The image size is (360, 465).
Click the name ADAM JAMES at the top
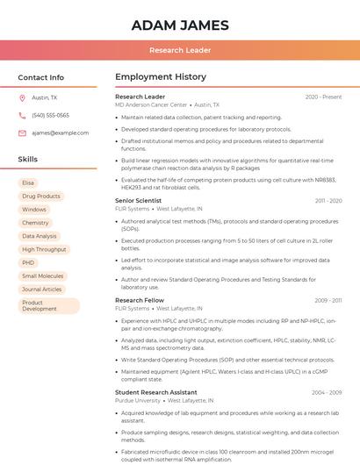pyautogui.click(x=180, y=25)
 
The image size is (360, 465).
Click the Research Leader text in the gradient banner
pyautogui.click(x=180, y=50)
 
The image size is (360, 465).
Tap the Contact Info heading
pyautogui.click(x=40, y=77)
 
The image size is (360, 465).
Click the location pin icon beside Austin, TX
pyautogui.click(x=22, y=98)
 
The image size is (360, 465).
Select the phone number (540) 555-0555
pyautogui.click(x=50, y=115)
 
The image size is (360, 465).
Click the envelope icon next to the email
pyautogui.click(x=22, y=132)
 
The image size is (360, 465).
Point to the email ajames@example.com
pyautogui.click(x=61, y=132)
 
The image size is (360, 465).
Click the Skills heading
pyautogui.click(x=27, y=160)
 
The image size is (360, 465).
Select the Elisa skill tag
pyautogui.click(x=28, y=182)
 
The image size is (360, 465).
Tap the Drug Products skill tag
pyautogui.click(x=40, y=196)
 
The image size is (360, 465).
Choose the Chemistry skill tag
pyautogui.click(x=35, y=223)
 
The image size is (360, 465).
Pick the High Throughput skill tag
pyautogui.click(x=44, y=249)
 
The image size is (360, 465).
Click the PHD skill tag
pyautogui.click(x=28, y=262)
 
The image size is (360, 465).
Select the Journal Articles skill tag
pyautogui.click(x=42, y=289)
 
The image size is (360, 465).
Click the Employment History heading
pyautogui.click(x=161, y=77)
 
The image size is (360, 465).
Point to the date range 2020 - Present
pyautogui.click(x=323, y=97)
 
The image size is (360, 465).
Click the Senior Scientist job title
pyautogui.click(x=138, y=201)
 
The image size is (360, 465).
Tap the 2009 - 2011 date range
pyautogui.click(x=328, y=300)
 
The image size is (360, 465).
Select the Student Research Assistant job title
pyautogui.click(x=155, y=392)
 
